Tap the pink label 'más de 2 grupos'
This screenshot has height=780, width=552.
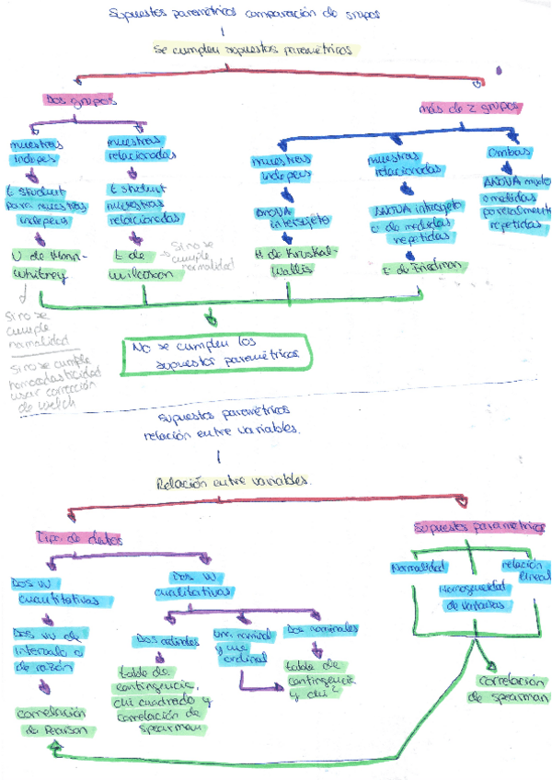click(470, 107)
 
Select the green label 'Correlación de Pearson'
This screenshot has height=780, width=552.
click(55, 720)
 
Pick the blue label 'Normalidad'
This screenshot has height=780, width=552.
click(420, 566)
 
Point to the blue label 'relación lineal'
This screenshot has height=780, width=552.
click(524, 569)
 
